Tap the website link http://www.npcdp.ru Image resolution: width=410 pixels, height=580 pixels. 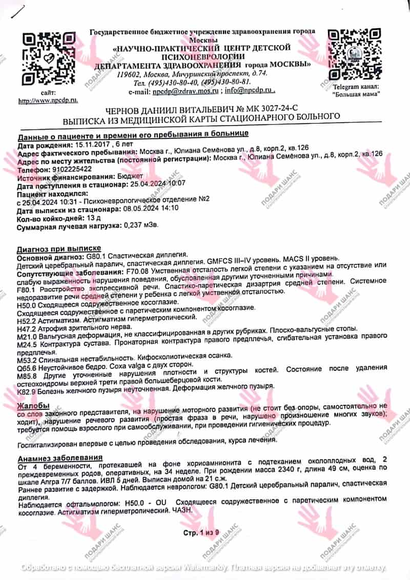coord(48,101)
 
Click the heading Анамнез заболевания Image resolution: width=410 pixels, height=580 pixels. coord(60,457)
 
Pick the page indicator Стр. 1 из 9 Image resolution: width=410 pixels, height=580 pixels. coord(201,533)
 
